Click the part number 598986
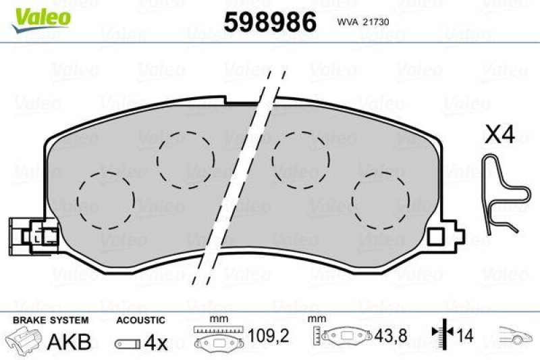click(269, 22)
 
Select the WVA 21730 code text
click(364, 22)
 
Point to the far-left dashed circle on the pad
click(106, 200)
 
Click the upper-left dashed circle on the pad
click(185, 159)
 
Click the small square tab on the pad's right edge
click(437, 236)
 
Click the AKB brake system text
click(69, 342)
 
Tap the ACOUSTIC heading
click(140, 319)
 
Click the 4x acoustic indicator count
click(156, 342)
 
